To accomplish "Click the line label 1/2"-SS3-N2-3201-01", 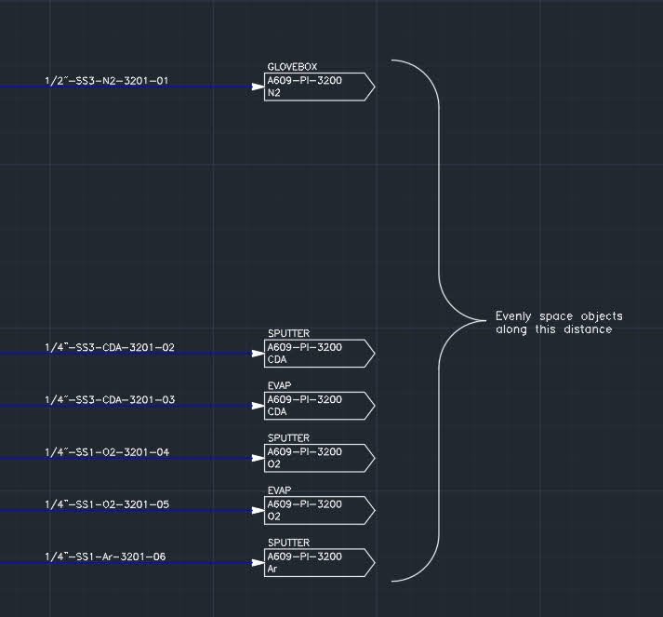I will [106, 81].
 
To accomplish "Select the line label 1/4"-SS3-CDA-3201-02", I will [109, 348].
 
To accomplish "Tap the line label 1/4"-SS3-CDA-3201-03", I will [109, 400].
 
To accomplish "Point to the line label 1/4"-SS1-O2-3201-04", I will [107, 452].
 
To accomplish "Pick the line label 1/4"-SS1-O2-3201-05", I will [107, 504].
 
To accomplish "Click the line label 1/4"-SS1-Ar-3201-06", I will [106, 557].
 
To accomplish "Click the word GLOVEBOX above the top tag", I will [292, 67].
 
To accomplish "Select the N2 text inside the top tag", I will [273, 93].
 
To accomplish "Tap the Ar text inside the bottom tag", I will [272, 569].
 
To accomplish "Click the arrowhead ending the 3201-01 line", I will [259, 87].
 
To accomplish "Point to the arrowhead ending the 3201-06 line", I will [259, 563].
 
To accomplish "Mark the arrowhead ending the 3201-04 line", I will [259, 458].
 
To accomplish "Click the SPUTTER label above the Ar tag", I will [288, 543].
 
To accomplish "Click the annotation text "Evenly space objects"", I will [559, 316].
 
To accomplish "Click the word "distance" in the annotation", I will [588, 329].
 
